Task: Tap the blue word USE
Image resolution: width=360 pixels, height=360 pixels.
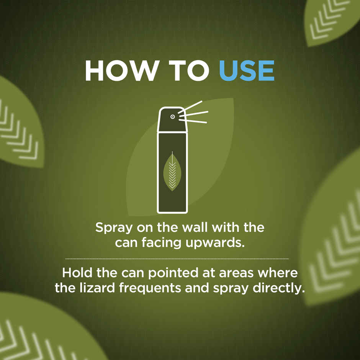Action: point(247,70)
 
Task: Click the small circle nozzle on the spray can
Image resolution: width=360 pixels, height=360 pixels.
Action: point(172,116)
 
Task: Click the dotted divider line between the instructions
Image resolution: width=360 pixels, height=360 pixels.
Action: point(177,259)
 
